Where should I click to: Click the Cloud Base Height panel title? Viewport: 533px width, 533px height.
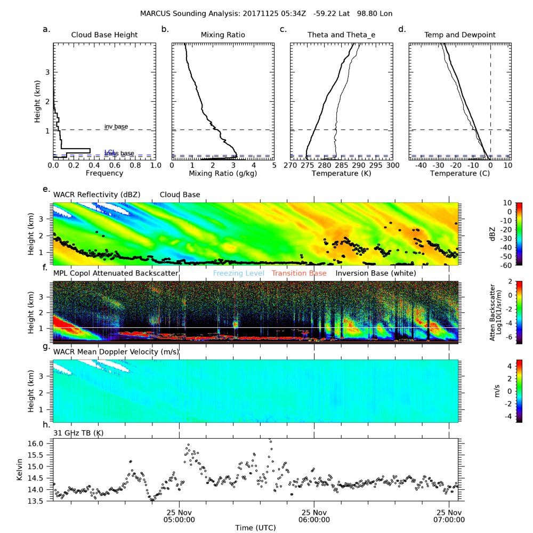coord(104,35)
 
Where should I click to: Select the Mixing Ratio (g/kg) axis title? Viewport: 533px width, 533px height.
coord(222,173)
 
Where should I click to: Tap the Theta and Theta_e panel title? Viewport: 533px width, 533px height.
coord(341,35)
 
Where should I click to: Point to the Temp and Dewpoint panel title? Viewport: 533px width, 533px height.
coord(459,35)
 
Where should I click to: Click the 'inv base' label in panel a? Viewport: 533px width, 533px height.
coord(116,126)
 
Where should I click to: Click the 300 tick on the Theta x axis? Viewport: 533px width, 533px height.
coord(392,166)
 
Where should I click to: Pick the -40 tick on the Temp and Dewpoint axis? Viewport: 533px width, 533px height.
coord(420,166)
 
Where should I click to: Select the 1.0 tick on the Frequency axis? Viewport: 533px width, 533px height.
coord(155,166)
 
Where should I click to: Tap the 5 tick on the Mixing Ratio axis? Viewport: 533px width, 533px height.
coord(274,166)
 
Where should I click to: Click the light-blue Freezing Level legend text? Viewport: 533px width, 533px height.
coord(238,273)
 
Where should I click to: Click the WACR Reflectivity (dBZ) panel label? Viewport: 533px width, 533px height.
coord(97,195)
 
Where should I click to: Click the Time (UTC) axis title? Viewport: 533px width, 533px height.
coord(255,527)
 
